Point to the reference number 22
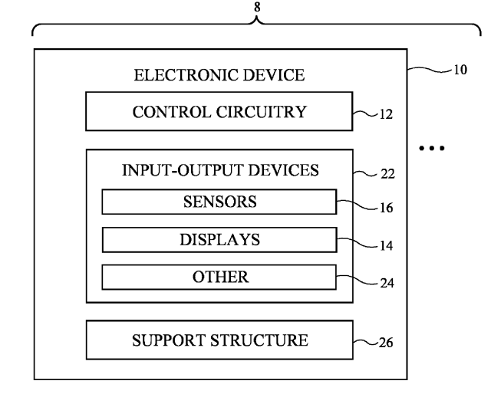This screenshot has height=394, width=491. click(387, 175)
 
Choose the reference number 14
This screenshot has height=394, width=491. click(387, 248)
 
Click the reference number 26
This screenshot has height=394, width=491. click(387, 343)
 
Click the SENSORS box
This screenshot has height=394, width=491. click(219, 202)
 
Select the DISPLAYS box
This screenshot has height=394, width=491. click(219, 240)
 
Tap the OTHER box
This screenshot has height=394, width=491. click(219, 277)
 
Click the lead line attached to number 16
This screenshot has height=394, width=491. click(357, 205)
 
